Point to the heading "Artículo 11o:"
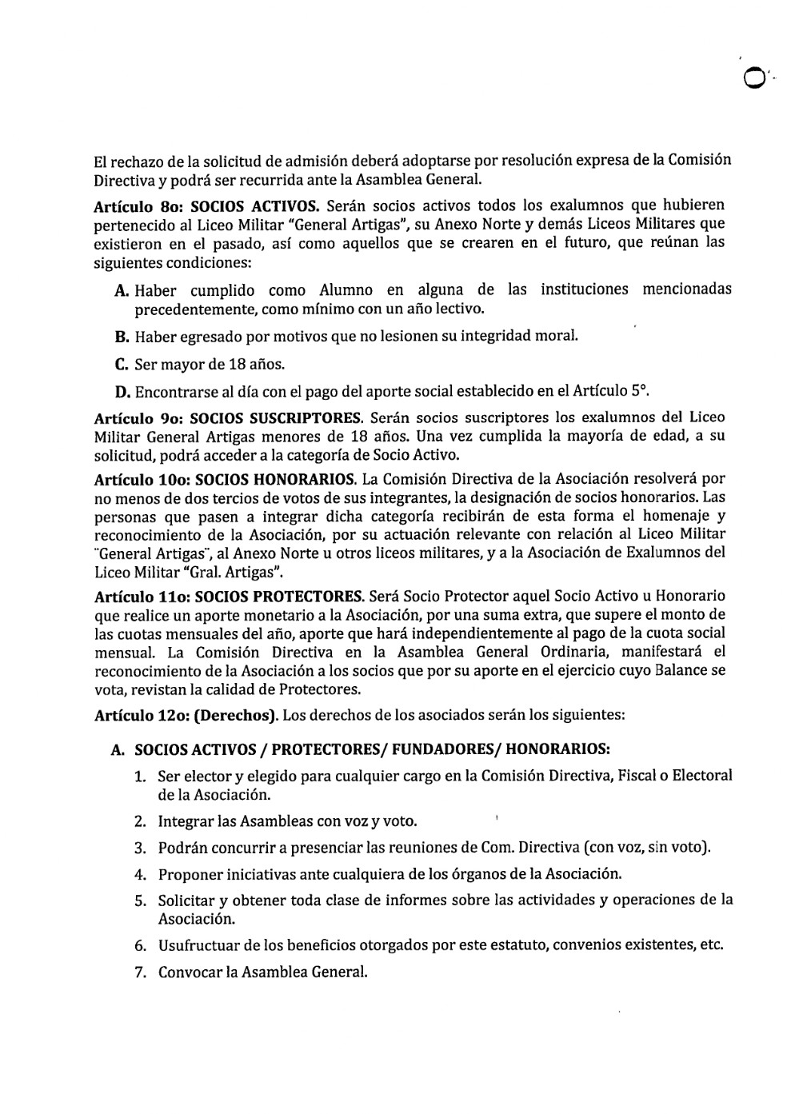tap(142, 597)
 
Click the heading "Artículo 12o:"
tap(142, 716)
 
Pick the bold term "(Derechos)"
tap(236, 716)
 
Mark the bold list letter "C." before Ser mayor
tap(122, 365)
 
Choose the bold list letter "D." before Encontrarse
tap(122, 393)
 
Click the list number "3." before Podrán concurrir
tap(140, 848)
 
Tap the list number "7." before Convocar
tap(140, 973)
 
